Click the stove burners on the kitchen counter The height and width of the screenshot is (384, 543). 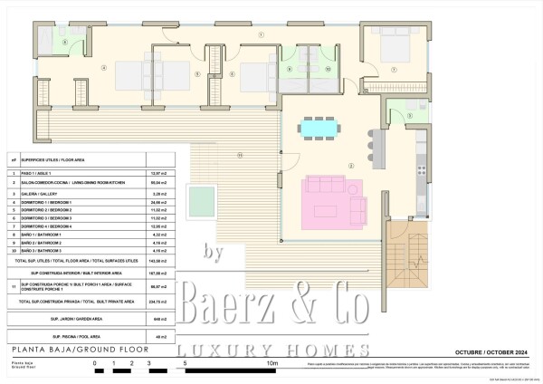tap(420, 167)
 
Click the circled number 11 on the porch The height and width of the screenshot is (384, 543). tap(240, 155)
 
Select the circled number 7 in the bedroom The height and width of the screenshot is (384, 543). tap(394, 69)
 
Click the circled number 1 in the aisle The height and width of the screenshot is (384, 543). tap(262, 34)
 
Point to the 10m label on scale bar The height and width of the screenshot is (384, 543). tap(271, 363)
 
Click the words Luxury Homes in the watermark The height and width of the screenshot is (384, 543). tap(271, 350)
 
